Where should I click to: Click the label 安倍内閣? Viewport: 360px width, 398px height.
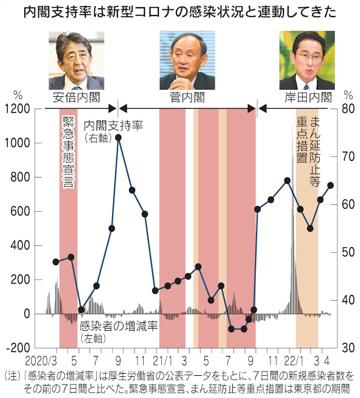77,97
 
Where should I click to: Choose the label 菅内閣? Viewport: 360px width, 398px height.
187,97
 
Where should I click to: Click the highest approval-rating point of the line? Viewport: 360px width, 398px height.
118,137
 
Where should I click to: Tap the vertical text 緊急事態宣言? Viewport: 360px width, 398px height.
68,152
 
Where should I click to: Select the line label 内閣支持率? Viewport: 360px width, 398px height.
113,125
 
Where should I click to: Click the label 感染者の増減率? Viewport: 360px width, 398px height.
118,327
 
